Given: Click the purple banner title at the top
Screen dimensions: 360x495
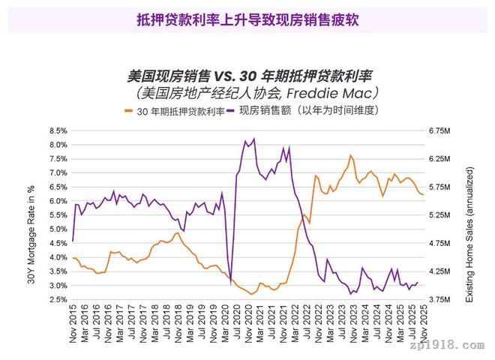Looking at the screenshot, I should (x=247, y=19).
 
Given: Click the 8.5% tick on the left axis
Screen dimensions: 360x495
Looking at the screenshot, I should (x=58, y=130).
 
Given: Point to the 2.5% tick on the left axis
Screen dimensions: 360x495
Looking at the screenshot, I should (x=58, y=300).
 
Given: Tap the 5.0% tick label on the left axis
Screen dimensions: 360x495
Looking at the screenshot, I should (x=58, y=229).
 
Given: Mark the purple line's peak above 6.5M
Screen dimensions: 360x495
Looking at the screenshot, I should (x=254, y=139).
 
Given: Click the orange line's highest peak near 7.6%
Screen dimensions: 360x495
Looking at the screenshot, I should (x=350, y=155).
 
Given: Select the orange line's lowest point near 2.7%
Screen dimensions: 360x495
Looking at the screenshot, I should (x=251, y=294).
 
